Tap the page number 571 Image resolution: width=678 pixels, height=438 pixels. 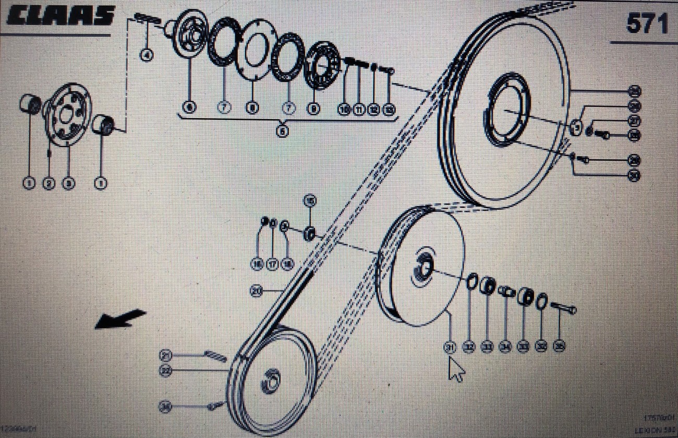point(646,23)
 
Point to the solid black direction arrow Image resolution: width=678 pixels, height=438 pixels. point(120,318)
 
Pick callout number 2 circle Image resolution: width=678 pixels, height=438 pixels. point(49,183)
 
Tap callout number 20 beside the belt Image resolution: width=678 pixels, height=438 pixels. point(256,291)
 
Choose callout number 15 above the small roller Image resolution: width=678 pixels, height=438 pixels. point(310,201)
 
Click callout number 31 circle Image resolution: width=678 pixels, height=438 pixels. point(450,347)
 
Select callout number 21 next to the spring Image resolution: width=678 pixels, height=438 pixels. point(166,356)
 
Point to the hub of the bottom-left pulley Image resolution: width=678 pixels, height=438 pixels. point(272,381)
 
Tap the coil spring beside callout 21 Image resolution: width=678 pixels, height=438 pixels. point(215,356)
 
